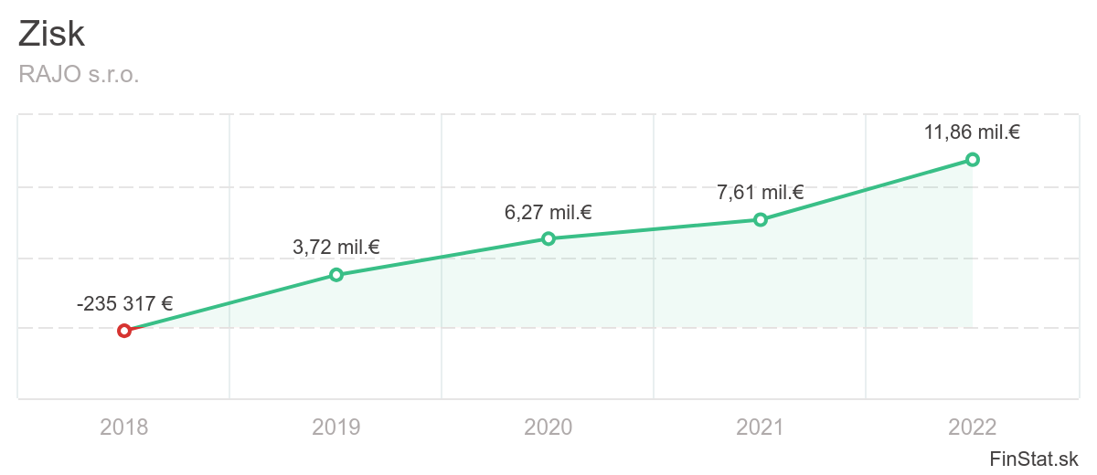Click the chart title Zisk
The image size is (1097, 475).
(x=51, y=35)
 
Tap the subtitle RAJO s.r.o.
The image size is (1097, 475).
(x=79, y=75)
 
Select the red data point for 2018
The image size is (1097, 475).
(x=124, y=331)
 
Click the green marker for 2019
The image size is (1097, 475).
(x=336, y=275)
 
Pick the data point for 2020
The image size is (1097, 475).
(x=548, y=238)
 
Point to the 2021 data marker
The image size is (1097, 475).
(x=761, y=219)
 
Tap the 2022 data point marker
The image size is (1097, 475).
(x=973, y=159)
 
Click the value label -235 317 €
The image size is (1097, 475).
(x=125, y=304)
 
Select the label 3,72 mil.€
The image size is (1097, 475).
(x=336, y=247)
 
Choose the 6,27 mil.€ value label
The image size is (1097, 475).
(x=548, y=213)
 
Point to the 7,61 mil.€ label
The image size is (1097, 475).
(x=761, y=193)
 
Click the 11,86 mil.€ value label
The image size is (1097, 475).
(x=972, y=132)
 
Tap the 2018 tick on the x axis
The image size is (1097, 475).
(x=124, y=427)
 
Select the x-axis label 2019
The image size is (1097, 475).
(x=336, y=427)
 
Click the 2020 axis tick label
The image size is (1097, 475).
(x=548, y=427)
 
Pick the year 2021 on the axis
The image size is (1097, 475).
(x=761, y=427)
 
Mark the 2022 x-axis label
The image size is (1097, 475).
(x=973, y=427)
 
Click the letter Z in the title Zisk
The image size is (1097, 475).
(x=28, y=35)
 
